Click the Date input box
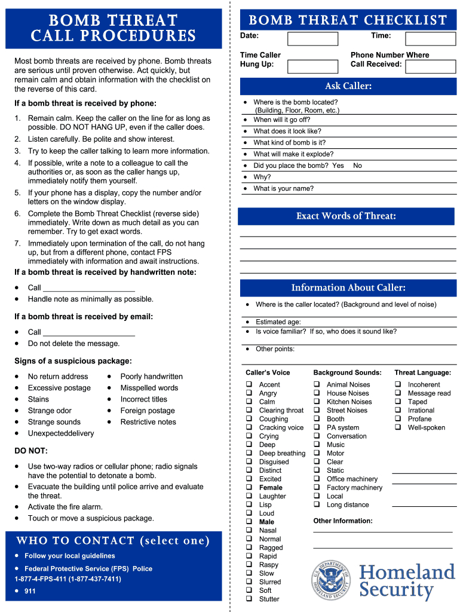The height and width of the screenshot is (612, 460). coord(312,39)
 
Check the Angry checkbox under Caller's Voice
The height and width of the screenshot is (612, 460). coord(249,393)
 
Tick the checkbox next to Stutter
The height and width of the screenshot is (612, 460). coord(249,599)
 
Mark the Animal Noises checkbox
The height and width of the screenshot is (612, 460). coord(317,385)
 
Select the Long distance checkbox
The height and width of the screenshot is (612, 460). coord(317,504)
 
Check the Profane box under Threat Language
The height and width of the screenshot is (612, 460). coord(398,419)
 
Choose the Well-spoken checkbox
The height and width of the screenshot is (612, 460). coord(398,427)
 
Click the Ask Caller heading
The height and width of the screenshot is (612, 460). coord(348,86)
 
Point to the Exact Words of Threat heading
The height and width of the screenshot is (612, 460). coord(346,216)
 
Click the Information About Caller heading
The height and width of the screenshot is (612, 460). coord(348,287)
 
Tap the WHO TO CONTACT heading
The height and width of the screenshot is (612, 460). coord(113,541)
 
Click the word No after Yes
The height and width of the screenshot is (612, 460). coord(357,166)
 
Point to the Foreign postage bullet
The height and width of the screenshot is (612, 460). coord(148,411)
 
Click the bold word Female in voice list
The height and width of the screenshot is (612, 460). coord(271,488)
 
